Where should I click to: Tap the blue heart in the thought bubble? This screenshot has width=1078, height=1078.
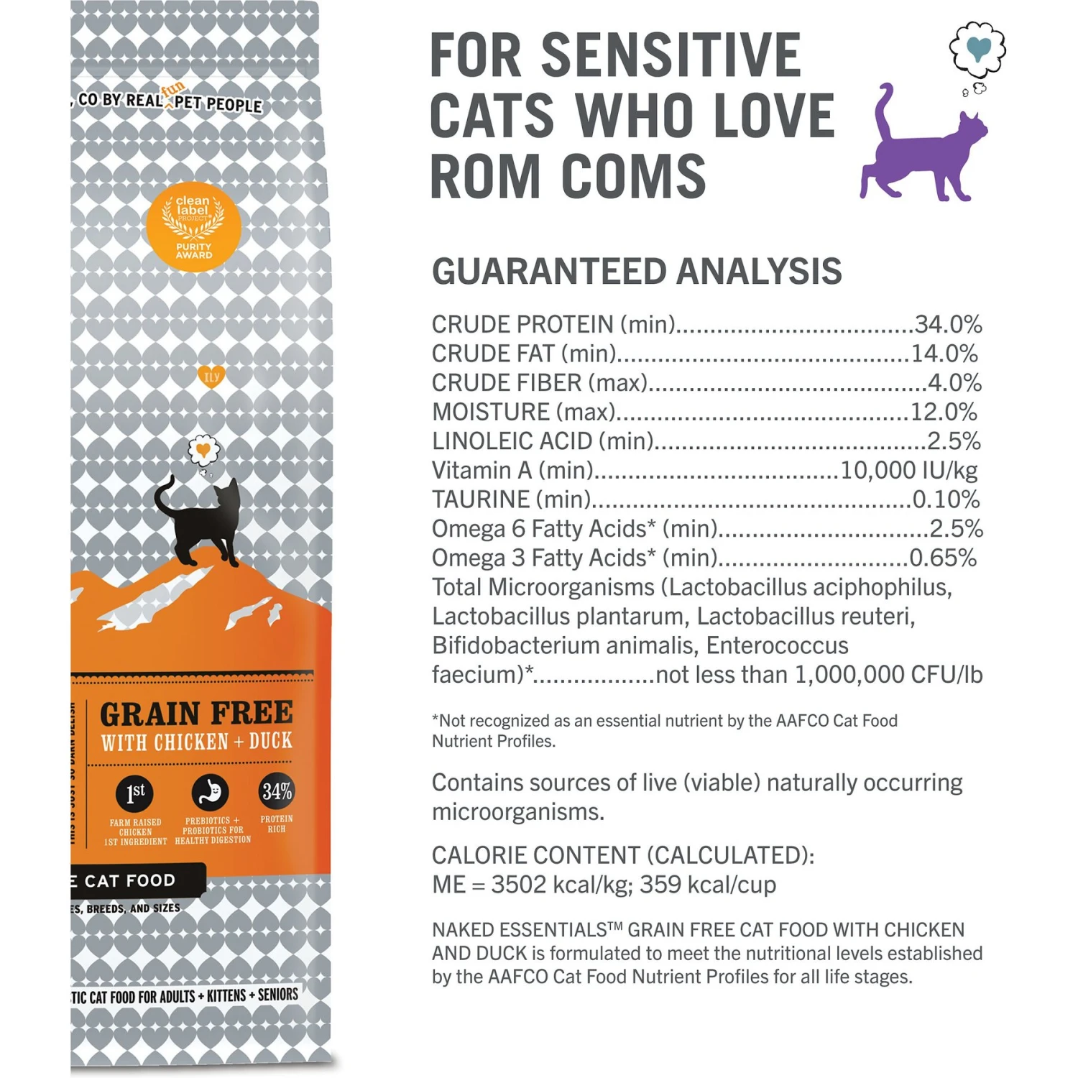[978, 47]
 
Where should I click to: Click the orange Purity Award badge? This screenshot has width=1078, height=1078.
[193, 226]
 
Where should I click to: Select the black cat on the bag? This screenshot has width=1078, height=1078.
[201, 521]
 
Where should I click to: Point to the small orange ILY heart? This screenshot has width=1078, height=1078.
[211, 376]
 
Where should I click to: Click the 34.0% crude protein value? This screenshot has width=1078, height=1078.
[948, 324]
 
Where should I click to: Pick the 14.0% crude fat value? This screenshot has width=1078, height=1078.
[944, 354]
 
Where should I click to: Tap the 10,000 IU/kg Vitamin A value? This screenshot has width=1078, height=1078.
[908, 470]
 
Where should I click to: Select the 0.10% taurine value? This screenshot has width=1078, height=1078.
[944, 499]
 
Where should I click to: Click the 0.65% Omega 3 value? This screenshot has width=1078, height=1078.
[942, 558]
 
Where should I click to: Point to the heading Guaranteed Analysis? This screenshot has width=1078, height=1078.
[636, 272]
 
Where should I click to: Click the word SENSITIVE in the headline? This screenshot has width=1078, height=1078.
[671, 55]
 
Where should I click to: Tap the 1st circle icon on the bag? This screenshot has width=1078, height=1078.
[135, 793]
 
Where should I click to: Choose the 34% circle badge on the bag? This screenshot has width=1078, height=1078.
[277, 791]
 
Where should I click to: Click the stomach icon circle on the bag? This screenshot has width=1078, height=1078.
[210, 792]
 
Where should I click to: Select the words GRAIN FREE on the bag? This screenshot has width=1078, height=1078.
[196, 713]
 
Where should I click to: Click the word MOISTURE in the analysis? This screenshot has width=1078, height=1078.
[491, 412]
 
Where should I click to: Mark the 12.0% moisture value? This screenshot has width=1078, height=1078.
[944, 412]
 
